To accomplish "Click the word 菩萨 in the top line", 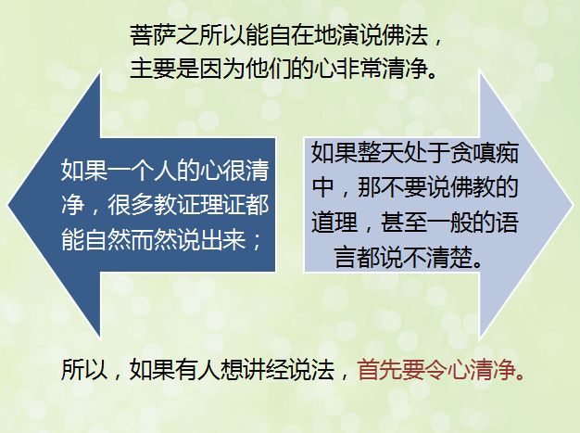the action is point(153,35).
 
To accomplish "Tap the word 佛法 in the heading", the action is point(406,35).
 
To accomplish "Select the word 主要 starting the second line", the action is point(153,68).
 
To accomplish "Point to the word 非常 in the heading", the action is point(359,68).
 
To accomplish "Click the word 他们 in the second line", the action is point(268,68).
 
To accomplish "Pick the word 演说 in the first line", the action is point(359,35).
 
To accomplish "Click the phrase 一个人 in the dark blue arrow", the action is point(142,171).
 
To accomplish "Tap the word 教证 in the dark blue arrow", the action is point(176,205).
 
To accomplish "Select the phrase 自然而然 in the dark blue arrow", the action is point(131,239).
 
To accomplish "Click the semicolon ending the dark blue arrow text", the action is point(257,240).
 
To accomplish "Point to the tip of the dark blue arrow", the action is point(8,205).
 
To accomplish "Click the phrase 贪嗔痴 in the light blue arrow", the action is point(484,152).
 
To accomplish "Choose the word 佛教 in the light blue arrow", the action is point(472,187).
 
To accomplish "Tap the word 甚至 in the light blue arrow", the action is point(403,222).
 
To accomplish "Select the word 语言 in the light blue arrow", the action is point(426,238).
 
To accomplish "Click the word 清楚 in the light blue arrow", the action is point(449,257).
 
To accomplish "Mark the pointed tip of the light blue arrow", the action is point(573,205).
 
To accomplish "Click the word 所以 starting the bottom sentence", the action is point(84,369).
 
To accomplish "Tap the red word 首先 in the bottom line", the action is point(381,369).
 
